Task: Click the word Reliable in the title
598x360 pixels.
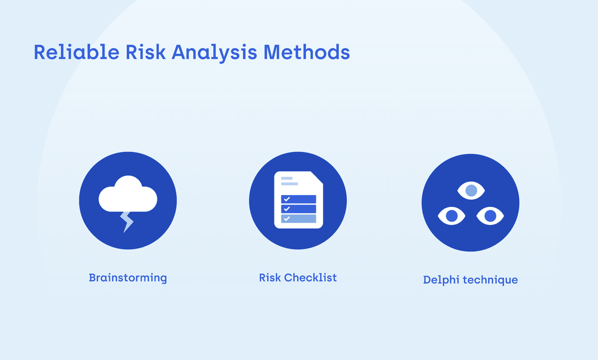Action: coord(76,52)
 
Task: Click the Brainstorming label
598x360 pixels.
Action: coord(127,278)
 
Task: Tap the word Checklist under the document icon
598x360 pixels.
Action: coord(310,277)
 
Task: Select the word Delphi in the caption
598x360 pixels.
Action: coord(441,280)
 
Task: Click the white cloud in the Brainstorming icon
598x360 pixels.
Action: coord(127,194)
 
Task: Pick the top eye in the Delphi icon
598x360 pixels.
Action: coord(471,191)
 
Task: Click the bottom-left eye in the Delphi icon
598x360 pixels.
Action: coord(451,215)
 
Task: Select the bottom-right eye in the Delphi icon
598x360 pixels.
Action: coord(490,215)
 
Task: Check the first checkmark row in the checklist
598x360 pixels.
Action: coord(298,199)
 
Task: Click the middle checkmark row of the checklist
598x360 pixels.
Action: coord(298,209)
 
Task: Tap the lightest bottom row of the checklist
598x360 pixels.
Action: coord(298,218)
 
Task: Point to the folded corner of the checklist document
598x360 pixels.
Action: coord(317,178)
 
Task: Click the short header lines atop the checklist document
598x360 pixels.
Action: coord(288,181)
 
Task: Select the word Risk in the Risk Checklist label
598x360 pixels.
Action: coord(270,277)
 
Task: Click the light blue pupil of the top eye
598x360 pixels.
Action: coord(471,191)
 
